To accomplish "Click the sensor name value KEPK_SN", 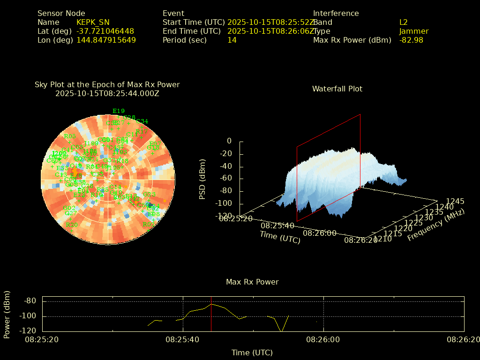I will (x=93, y=22).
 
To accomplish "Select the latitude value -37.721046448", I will (x=105, y=31).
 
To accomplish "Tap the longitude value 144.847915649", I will (x=106, y=40).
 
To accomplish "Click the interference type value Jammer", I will (x=414, y=31).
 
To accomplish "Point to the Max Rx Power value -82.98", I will (x=411, y=40).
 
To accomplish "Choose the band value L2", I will (x=404, y=22).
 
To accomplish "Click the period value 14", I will (x=232, y=40).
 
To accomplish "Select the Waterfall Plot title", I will (x=337, y=89).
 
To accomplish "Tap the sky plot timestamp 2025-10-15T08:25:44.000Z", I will (x=107, y=94).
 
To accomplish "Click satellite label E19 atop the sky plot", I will (x=119, y=112).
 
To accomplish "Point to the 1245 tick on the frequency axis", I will (x=455, y=202).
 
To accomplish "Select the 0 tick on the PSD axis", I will (x=229, y=141).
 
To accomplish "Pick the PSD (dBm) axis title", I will (x=202, y=179).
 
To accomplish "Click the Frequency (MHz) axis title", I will (x=436, y=225).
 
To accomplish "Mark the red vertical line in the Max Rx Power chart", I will (x=211, y=314).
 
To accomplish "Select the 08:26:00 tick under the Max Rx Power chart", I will (x=323, y=339).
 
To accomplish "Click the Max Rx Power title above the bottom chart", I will (x=252, y=282).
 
